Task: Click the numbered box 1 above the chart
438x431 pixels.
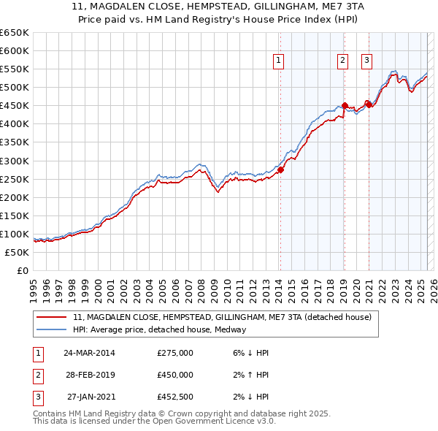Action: pyautogui.click(x=280, y=61)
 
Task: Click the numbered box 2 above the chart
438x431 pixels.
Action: pyautogui.click(x=342, y=61)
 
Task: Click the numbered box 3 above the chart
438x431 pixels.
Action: pyautogui.click(x=366, y=61)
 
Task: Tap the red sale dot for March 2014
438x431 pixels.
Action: pyautogui.click(x=280, y=169)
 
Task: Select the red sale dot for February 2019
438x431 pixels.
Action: pyautogui.click(x=345, y=105)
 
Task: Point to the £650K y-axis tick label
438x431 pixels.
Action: pyautogui.click(x=15, y=33)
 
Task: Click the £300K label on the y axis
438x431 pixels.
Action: pyautogui.click(x=15, y=161)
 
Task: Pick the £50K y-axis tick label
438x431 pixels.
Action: pyautogui.click(x=18, y=252)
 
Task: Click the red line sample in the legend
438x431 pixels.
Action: pyautogui.click(x=52, y=317)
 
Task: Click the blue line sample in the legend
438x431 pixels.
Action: pyautogui.click(x=52, y=329)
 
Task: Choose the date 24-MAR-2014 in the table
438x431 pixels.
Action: pyautogui.click(x=89, y=353)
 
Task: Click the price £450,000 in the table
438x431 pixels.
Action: pyautogui.click(x=175, y=375)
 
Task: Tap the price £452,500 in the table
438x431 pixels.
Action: pyautogui.click(x=175, y=397)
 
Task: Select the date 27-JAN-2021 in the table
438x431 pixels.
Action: pyautogui.click(x=91, y=397)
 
